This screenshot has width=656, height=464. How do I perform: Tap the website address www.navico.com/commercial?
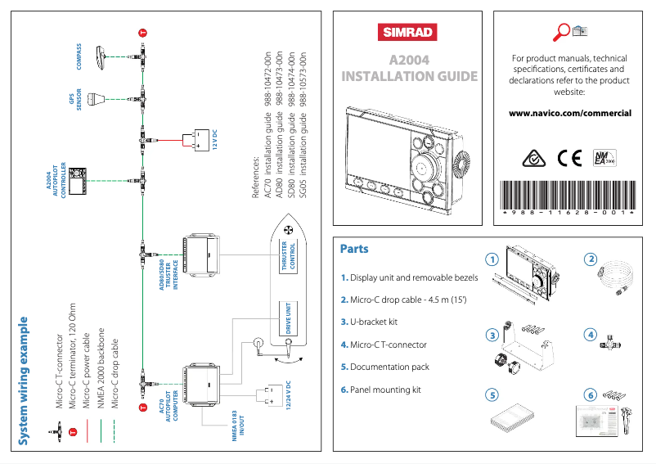[569, 113]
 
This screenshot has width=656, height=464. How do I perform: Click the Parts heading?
[354, 249]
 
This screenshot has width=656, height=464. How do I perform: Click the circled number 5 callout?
[492, 394]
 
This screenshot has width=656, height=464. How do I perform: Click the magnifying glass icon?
[562, 32]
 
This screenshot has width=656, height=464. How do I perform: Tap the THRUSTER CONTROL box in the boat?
[288, 256]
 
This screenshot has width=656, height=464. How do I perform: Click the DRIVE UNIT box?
[288, 318]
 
